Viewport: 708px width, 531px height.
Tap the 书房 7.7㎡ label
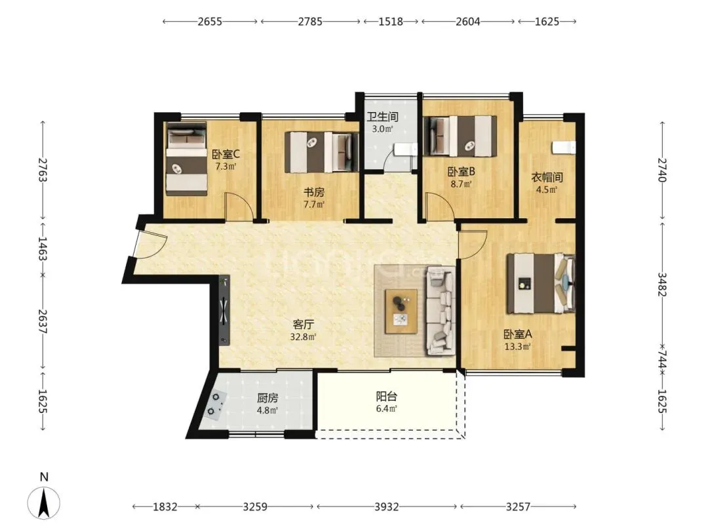coord(314,198)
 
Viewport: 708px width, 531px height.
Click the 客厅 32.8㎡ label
coord(303,330)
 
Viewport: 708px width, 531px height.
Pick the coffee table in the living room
coord(401,311)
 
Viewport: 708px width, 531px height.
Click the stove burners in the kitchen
coord(214,404)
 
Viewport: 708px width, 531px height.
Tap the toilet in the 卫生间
coord(406,149)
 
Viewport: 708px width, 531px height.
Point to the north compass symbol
coord(44,502)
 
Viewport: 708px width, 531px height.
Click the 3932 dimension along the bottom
coord(387,507)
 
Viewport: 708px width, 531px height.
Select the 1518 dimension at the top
coord(391,21)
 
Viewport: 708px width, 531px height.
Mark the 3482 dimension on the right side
coord(662,284)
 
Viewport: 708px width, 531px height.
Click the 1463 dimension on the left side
coord(43,248)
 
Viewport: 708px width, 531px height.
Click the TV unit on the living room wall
coord(224,311)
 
